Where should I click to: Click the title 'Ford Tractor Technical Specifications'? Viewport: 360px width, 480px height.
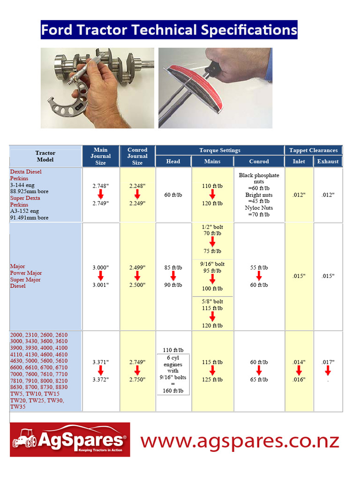[169, 30]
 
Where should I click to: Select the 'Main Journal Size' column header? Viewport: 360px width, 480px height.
[101, 156]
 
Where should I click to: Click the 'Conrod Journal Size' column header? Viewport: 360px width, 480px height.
[137, 156]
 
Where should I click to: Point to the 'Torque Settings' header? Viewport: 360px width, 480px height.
[219, 150]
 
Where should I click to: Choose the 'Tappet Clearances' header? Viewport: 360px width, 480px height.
[313, 150]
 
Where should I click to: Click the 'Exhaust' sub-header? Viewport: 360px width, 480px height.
[328, 162]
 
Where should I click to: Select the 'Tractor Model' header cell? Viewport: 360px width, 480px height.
[45, 156]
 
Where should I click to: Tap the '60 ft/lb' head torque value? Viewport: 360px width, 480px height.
[173, 195]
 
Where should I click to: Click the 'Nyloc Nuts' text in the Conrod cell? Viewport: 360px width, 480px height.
[259, 208]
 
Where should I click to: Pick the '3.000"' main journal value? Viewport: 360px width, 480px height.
[101, 268]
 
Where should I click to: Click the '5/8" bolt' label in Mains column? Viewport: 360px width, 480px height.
[212, 301]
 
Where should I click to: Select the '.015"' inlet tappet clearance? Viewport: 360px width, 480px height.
[299, 276]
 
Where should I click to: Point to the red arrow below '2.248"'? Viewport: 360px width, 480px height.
[137, 195]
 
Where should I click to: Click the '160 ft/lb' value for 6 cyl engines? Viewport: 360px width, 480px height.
[173, 391]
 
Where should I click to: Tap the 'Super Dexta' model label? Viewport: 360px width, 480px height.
[25, 198]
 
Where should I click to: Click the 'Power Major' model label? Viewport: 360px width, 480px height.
[26, 273]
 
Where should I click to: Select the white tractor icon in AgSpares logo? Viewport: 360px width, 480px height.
[24, 439]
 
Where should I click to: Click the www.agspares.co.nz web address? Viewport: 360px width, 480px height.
[240, 441]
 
